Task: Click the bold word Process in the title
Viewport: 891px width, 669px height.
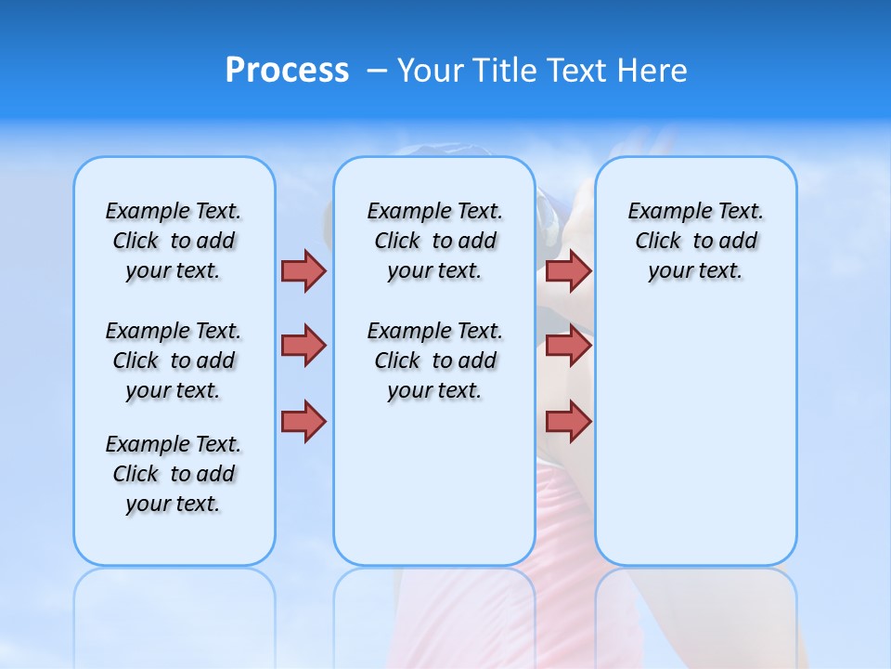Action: (287, 71)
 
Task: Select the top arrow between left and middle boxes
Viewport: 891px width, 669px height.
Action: (303, 270)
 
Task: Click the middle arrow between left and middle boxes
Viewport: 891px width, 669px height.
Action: (303, 346)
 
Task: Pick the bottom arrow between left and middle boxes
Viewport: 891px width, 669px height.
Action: (303, 422)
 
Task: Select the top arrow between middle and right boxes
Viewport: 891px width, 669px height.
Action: (568, 270)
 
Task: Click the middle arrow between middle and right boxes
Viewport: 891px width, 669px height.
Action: (568, 346)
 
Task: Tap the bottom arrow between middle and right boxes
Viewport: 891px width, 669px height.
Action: (568, 422)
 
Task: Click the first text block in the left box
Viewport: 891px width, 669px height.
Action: (174, 241)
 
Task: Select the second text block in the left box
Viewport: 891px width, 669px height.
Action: (174, 361)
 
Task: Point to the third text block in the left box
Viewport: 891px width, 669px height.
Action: (174, 474)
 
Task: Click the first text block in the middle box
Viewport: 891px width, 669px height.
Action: (434, 241)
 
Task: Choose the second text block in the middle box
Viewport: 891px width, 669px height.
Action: (434, 361)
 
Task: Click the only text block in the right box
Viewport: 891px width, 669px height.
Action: (695, 241)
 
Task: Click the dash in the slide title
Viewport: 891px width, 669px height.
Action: (377, 71)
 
